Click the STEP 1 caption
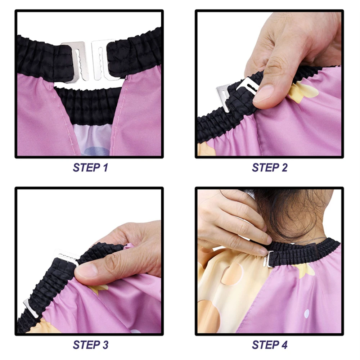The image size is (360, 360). coord(90,168)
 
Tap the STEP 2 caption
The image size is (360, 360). coord(270,168)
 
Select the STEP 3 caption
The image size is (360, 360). coord(90,345)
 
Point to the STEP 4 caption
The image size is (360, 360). coord(270,345)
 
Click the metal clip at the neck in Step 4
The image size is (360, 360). coord(268,259)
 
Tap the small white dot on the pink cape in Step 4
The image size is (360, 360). coord(306,314)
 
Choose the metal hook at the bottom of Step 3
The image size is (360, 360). coord(31,308)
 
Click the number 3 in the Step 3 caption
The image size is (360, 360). coord(105,345)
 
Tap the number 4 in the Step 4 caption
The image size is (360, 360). coord(284,345)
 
